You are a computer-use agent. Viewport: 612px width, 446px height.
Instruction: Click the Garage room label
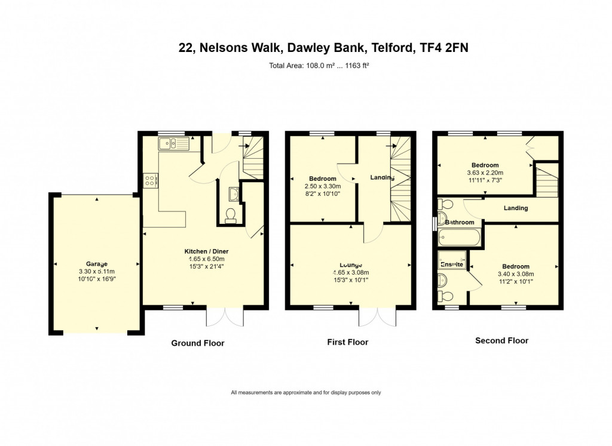[x=97, y=264]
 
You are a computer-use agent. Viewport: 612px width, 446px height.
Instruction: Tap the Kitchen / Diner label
[x=206, y=251]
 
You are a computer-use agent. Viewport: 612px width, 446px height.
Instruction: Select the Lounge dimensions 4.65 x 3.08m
[x=351, y=272]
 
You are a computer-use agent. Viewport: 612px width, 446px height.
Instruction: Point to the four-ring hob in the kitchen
[x=151, y=180]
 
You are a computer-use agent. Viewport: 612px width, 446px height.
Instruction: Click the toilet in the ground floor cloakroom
[x=231, y=216]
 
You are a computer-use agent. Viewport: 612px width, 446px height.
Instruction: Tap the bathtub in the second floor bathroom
[x=459, y=238]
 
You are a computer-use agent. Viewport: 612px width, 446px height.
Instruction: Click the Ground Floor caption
[x=198, y=343]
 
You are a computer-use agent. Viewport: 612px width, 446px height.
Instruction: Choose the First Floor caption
[x=348, y=342]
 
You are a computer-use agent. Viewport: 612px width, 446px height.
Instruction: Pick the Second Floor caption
[x=502, y=341]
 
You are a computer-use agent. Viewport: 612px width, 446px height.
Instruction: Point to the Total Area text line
[x=319, y=66]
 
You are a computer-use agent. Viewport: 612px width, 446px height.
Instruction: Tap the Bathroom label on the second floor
[x=460, y=222]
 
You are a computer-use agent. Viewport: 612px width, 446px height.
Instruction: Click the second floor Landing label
[x=516, y=208]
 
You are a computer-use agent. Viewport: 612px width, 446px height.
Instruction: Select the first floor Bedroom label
[x=323, y=179]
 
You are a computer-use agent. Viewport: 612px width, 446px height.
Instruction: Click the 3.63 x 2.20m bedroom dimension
[x=485, y=173]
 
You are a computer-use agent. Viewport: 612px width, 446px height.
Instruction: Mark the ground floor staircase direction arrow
[x=244, y=146]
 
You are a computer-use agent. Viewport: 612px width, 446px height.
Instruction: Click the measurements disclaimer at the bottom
[x=306, y=393]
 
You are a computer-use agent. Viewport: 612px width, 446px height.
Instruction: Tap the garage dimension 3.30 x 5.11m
[x=97, y=272]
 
